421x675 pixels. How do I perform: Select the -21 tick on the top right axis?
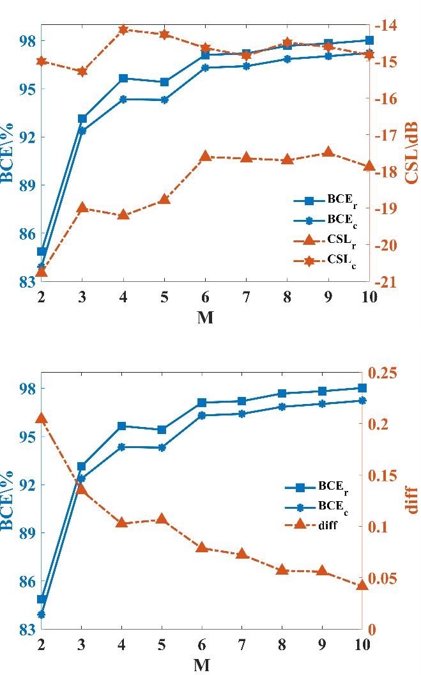[x=387, y=282]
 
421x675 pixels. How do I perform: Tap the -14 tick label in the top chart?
[x=387, y=26]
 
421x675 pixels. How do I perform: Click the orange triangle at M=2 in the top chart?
[x=42, y=272]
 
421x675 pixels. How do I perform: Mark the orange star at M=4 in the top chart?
[x=123, y=29]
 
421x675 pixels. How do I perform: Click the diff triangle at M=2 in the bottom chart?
[x=42, y=418]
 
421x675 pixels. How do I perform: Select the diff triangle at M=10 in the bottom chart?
[x=362, y=584]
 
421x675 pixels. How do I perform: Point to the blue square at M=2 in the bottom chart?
[x=42, y=600]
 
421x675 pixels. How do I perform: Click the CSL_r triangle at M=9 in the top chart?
[x=328, y=152]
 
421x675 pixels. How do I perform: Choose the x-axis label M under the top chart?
[x=204, y=317]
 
